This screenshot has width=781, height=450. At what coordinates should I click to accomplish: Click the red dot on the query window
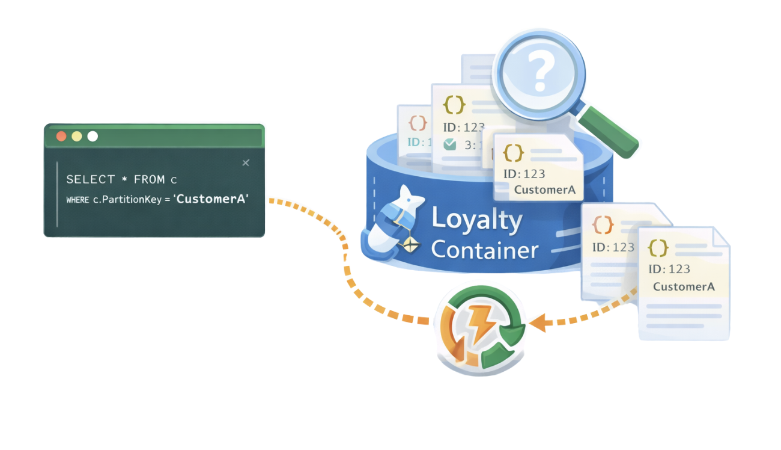(61, 137)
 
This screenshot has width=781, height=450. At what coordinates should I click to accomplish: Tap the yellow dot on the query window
(77, 137)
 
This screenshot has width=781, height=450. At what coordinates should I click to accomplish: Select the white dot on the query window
(93, 137)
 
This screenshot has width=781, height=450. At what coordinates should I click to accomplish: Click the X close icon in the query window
(246, 163)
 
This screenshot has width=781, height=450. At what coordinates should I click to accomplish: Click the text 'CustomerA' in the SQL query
(211, 199)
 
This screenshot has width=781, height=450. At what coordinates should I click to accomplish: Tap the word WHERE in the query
(77, 200)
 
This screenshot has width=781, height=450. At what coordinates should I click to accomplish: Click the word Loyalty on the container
(477, 221)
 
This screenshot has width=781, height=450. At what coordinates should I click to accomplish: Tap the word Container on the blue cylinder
(484, 249)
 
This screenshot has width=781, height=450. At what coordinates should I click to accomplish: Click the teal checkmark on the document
(449, 144)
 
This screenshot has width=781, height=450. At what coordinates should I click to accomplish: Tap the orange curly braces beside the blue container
(603, 226)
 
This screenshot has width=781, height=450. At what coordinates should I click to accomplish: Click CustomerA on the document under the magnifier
(544, 190)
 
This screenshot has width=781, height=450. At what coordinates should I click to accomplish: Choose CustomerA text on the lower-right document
(684, 286)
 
